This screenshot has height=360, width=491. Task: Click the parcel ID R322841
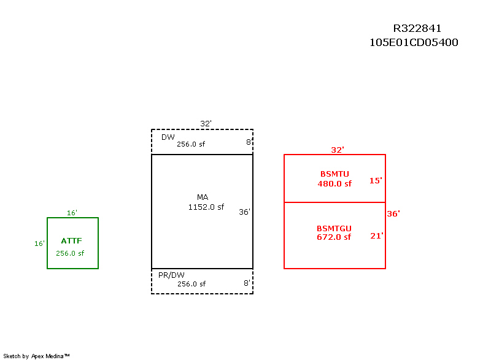tap(417, 28)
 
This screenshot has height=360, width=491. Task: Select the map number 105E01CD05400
tap(414, 43)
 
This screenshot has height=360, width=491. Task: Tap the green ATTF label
tap(72, 241)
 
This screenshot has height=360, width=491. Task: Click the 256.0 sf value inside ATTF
tap(70, 253)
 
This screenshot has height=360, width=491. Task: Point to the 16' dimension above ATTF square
tap(72, 213)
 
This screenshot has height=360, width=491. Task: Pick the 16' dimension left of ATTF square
tap(39, 243)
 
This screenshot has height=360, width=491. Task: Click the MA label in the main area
tap(203, 197)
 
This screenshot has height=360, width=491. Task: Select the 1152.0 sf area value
tap(206, 207)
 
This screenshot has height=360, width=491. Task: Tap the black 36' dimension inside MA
tap(244, 212)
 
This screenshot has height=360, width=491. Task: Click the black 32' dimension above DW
tap(206, 123)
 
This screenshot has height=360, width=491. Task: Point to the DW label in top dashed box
tap(168, 137)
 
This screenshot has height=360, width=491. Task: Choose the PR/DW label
tap(171, 275)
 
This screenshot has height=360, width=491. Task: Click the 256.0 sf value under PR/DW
tap(191, 284)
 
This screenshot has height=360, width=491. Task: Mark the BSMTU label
tap(334, 174)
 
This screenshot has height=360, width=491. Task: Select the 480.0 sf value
tap(334, 183)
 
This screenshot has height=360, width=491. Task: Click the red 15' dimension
tap(376, 180)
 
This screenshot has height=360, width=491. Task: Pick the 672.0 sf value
tap(334, 237)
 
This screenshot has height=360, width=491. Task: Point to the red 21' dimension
tap(376, 236)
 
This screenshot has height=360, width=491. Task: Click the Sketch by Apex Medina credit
tap(36, 356)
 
